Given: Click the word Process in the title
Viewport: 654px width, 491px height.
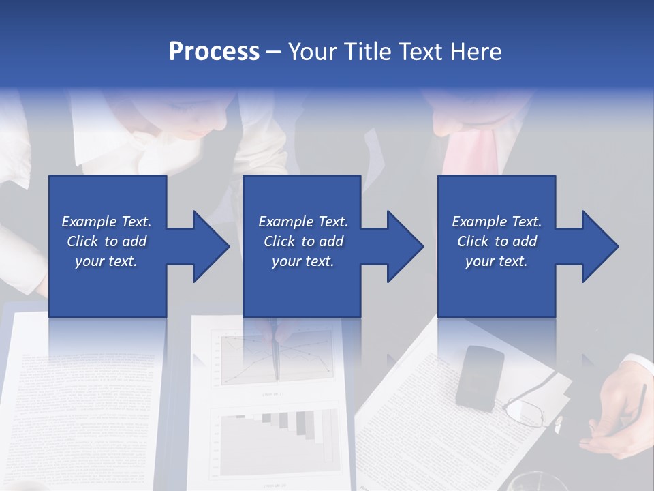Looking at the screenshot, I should tap(214, 52).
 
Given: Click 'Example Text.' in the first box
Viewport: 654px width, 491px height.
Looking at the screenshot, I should tap(106, 222).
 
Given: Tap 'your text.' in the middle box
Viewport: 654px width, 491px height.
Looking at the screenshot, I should tap(302, 261).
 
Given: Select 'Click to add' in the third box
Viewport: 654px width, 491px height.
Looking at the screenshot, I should tap(497, 241).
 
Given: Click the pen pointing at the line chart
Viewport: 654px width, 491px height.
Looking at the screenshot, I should tap(277, 355).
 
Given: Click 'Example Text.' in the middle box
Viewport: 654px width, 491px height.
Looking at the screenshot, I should tap(303, 222).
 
